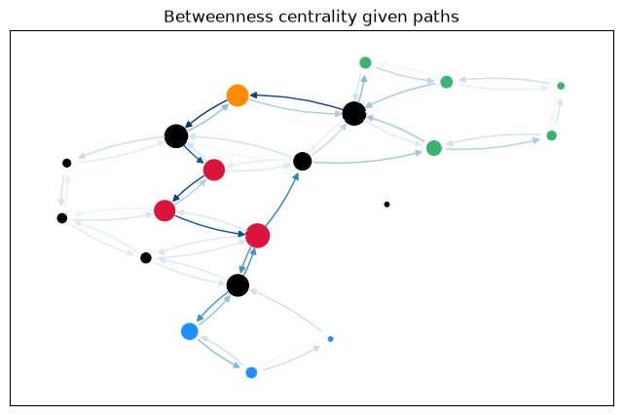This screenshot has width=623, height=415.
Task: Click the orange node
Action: pyautogui.click(x=238, y=95)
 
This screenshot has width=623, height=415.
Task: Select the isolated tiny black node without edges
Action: pyautogui.click(x=386, y=205)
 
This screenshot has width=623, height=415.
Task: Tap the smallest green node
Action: pyautogui.click(x=561, y=86)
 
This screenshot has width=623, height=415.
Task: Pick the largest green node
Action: pyautogui.click(x=434, y=148)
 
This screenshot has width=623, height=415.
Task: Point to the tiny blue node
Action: pyautogui.click(x=330, y=339)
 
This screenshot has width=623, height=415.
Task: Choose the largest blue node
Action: pyautogui.click(x=190, y=331)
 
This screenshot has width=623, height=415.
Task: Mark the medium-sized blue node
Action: pyautogui.click(x=251, y=372)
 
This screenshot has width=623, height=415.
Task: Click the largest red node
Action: pyautogui.click(x=257, y=236)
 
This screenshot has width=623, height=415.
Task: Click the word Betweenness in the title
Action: pyautogui.click(x=218, y=18)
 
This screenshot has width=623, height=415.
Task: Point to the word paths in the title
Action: pyautogui.click(x=436, y=18)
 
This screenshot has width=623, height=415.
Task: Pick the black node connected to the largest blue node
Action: pyautogui.click(x=238, y=285)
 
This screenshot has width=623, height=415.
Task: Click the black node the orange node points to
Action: pyautogui.click(x=176, y=136)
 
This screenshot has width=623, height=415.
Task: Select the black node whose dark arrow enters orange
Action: pyautogui.click(x=354, y=114)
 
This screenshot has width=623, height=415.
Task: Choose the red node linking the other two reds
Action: pyautogui.click(x=165, y=210)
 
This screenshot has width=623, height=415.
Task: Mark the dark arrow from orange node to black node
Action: pyautogui.click(x=206, y=112)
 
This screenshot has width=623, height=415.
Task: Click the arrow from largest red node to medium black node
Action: pyautogui.click(x=281, y=200)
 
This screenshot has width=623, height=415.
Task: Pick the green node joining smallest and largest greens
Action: pyautogui.click(x=552, y=135)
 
